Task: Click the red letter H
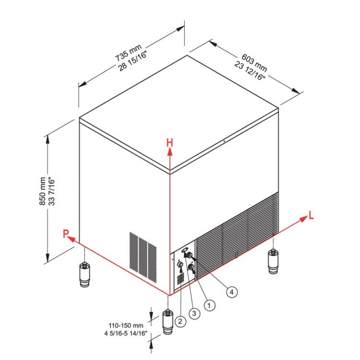pos(169,143)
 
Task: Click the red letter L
pos(311,216)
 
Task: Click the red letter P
pos(66,234)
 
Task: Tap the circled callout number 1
pos(209,305)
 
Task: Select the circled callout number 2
pos(180,321)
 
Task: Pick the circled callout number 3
pos(194,313)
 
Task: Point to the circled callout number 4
pos(232,292)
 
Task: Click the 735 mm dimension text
pos(128,53)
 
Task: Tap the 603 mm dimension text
pos(254,63)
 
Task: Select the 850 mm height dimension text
pos(42,191)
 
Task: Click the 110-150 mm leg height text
pos(126,325)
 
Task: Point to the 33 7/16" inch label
pos(52,191)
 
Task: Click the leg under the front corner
pos(168,322)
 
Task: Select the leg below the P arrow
pos(84,275)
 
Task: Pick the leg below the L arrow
pos(273,262)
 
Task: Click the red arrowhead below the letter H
pos(169,151)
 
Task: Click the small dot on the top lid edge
pos(224,142)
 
